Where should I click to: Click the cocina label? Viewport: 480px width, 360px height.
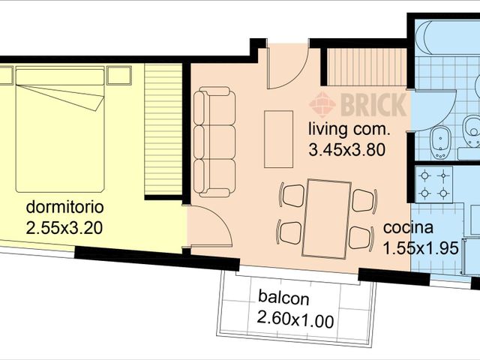tap(406, 229)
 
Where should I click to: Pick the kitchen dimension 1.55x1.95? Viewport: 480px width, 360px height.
tap(420, 248)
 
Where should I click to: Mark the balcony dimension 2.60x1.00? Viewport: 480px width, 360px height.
tap(295, 319)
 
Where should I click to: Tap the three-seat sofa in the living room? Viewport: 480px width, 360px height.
tap(214, 139)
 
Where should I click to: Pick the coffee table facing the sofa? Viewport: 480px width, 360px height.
tap(278, 134)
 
